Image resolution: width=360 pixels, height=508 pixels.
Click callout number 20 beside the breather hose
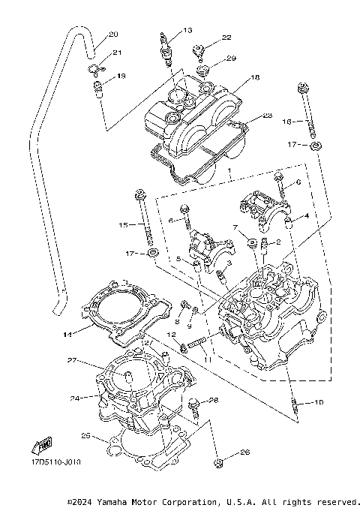[x=113, y=35]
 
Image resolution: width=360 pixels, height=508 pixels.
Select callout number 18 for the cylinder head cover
[x=255, y=77]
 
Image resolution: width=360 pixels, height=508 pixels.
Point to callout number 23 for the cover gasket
[x=266, y=116]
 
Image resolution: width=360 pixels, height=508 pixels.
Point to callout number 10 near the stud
[x=319, y=402]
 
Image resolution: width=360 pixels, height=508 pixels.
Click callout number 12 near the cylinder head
[x=171, y=335]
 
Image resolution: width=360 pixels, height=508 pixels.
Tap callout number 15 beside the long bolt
[x=124, y=224]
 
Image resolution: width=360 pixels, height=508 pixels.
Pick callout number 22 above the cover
[x=226, y=38]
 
